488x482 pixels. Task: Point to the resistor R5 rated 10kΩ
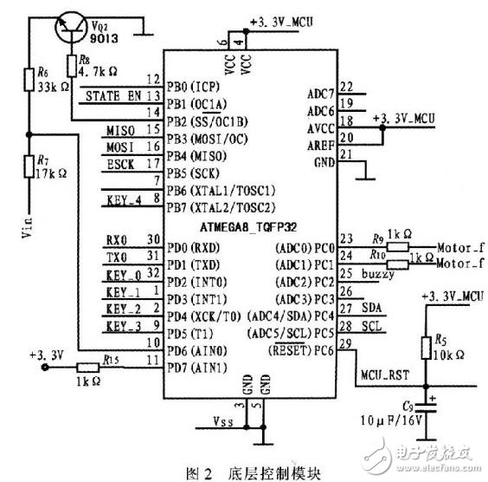[x=425, y=348]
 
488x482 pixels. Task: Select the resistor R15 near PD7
[x=87, y=368]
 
